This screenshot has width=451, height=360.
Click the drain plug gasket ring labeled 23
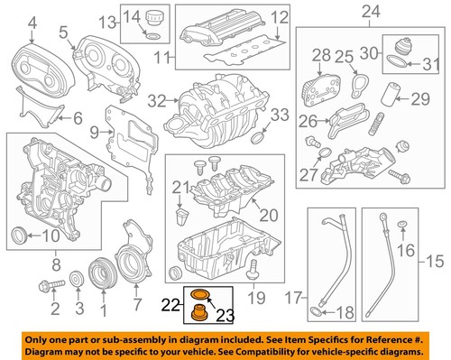coord(198,294)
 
